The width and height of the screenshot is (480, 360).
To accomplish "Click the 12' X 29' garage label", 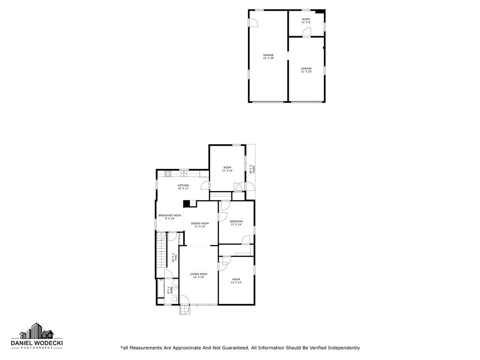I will click(x=268, y=57).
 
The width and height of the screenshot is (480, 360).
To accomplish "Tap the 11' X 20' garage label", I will click(x=306, y=70).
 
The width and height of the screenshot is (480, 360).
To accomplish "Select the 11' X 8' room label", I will click(x=306, y=21).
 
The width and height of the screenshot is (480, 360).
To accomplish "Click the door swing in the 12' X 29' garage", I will click(x=252, y=22).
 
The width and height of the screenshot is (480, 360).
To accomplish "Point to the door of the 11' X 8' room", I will click(x=306, y=32).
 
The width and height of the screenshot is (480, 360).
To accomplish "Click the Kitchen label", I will click(x=183, y=187).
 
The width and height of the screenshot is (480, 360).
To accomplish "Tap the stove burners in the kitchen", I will click(x=168, y=174).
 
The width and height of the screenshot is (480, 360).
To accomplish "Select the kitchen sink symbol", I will click(x=184, y=174).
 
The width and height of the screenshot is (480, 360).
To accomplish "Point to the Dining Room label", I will click(x=200, y=225).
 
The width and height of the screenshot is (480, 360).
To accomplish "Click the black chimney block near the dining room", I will click(x=186, y=203).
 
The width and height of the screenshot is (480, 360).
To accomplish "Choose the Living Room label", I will click(x=198, y=276).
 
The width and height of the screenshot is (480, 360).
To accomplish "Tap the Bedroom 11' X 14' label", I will click(x=236, y=223).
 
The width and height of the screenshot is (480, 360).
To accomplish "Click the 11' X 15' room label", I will click(x=236, y=281).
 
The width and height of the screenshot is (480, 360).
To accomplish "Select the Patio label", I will click(x=251, y=169).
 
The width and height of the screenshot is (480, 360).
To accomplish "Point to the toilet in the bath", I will click(x=174, y=299).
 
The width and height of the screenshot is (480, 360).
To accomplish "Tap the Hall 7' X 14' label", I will click(x=174, y=258).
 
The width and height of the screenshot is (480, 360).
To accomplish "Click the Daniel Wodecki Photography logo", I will click(x=37, y=336).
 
